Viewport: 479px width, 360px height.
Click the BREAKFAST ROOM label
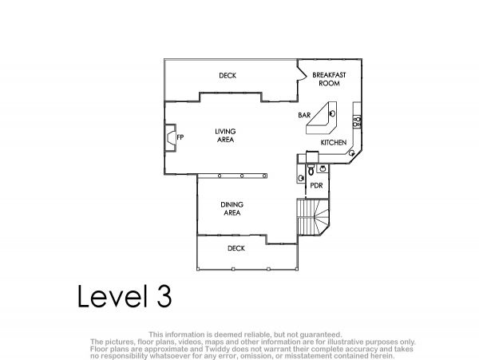329,79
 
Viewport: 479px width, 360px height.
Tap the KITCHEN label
334,143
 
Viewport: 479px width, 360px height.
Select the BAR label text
304,115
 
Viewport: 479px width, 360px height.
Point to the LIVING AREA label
225,136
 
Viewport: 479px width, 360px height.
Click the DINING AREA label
232,208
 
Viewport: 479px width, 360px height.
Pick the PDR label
316,185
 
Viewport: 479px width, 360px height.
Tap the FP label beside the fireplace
180,137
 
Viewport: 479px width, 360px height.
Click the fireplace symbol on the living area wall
170,137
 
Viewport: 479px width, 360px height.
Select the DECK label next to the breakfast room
228,75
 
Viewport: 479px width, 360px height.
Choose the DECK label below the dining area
236,248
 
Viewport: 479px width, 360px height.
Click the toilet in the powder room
311,169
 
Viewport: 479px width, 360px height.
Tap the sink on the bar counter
332,113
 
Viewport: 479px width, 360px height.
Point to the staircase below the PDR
314,217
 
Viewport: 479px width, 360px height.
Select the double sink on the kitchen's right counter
357,121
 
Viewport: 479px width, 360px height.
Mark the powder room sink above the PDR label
323,168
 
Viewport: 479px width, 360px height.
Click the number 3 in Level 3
164,296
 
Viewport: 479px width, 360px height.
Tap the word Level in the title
113,296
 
